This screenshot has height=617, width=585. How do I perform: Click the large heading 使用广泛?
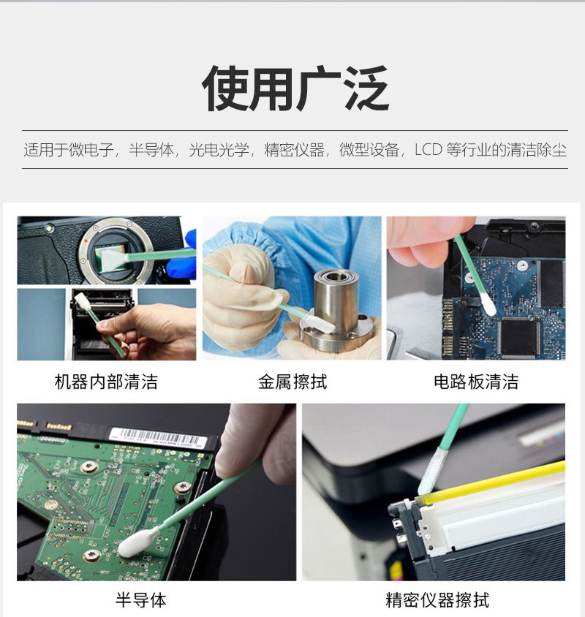click(x=295, y=89)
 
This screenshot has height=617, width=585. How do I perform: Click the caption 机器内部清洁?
click(x=106, y=382)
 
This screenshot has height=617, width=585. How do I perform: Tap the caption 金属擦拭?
click(x=292, y=382)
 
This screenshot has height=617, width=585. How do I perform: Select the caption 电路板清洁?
click(x=476, y=382)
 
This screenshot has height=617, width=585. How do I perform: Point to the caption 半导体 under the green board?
click(x=141, y=600)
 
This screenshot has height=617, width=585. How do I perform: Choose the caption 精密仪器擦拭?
click(x=437, y=600)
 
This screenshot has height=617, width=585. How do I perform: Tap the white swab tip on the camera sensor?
click(x=114, y=260)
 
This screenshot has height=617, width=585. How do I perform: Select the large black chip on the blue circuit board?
click(x=519, y=336)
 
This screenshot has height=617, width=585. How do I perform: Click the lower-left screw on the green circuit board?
click(x=91, y=555)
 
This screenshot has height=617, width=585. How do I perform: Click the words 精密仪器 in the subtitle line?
click(x=295, y=150)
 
